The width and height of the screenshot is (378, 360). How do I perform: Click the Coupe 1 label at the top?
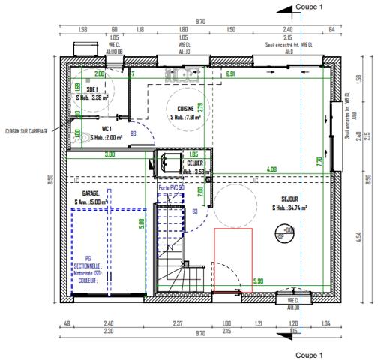(309, 6)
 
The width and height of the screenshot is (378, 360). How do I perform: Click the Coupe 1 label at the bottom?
(309, 354)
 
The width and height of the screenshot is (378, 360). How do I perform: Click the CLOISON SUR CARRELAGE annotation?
(25, 131)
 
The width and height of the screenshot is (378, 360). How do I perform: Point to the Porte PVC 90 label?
(172, 187)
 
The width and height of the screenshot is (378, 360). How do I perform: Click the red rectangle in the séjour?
(233, 259)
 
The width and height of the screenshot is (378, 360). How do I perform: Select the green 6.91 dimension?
(230, 74)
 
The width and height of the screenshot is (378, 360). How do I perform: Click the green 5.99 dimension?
(258, 282)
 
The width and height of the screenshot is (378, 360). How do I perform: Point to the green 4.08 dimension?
(271, 169)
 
